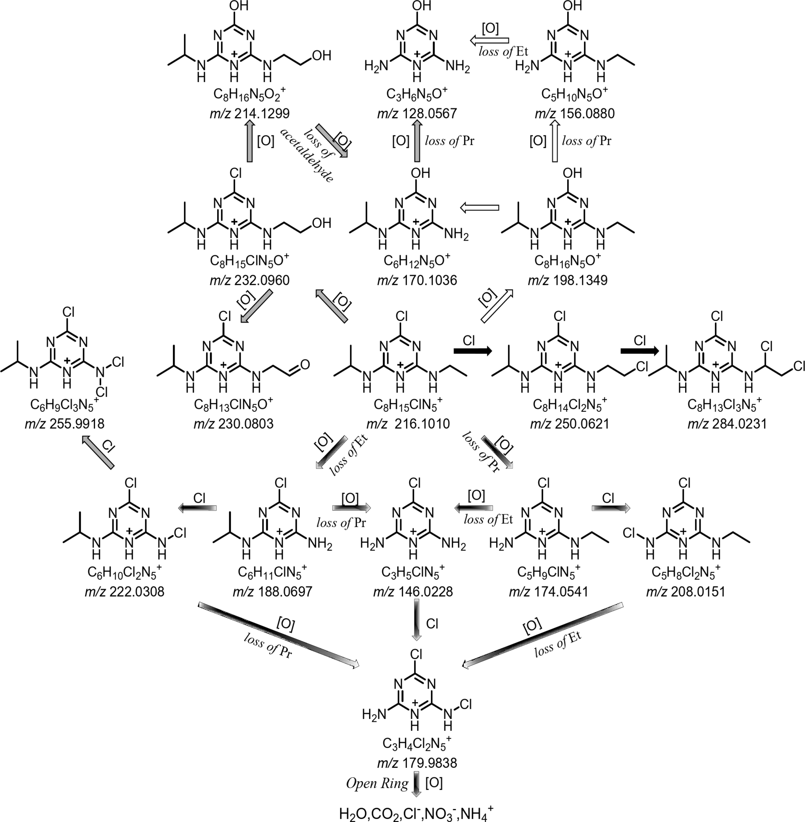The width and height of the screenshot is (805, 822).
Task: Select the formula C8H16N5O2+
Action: (250, 94)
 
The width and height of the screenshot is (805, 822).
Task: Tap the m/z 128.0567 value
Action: (417, 114)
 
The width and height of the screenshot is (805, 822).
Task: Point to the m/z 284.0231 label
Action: (727, 424)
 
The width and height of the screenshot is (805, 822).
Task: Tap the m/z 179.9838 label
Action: (417, 763)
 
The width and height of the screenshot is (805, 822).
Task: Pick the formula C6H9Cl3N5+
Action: (64, 404)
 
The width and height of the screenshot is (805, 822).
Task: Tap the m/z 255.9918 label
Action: (64, 424)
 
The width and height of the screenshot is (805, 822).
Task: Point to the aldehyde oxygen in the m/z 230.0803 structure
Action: (305, 365)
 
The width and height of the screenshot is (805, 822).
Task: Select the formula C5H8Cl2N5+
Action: (685, 572)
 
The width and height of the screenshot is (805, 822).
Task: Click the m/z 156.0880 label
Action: (574, 114)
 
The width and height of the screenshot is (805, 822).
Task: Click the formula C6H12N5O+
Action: (417, 261)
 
